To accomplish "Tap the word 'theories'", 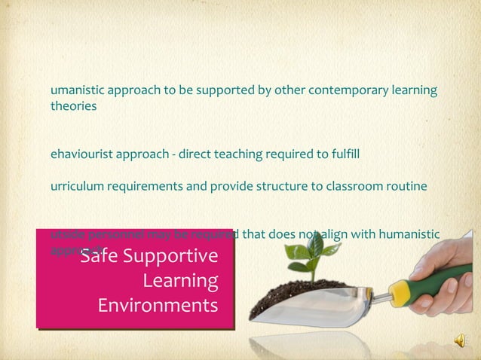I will (x=73, y=106).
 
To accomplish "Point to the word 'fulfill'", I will (x=346, y=154).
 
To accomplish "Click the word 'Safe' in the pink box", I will (x=103, y=257).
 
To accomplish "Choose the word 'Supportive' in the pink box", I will (x=176, y=257).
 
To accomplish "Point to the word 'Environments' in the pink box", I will (x=158, y=306).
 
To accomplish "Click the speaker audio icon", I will (x=459, y=343).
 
